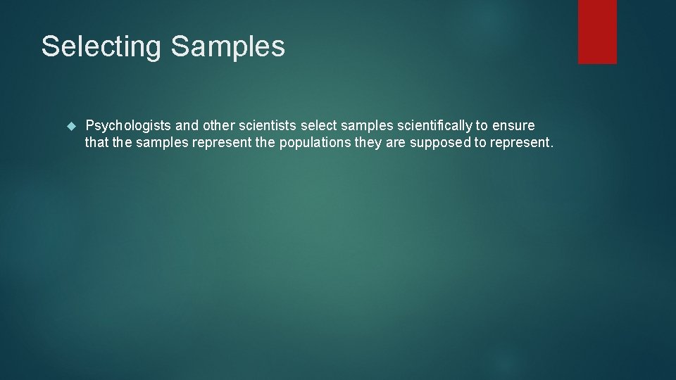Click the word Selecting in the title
point(102,47)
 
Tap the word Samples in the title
point(227,47)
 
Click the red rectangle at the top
point(597,32)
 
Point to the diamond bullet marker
point(70,126)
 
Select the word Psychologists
point(127,126)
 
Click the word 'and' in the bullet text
point(187,126)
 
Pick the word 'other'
point(219,126)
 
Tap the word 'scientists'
point(268,126)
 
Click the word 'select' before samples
point(319,126)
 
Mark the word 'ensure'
point(513,126)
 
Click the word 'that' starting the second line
point(96,143)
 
